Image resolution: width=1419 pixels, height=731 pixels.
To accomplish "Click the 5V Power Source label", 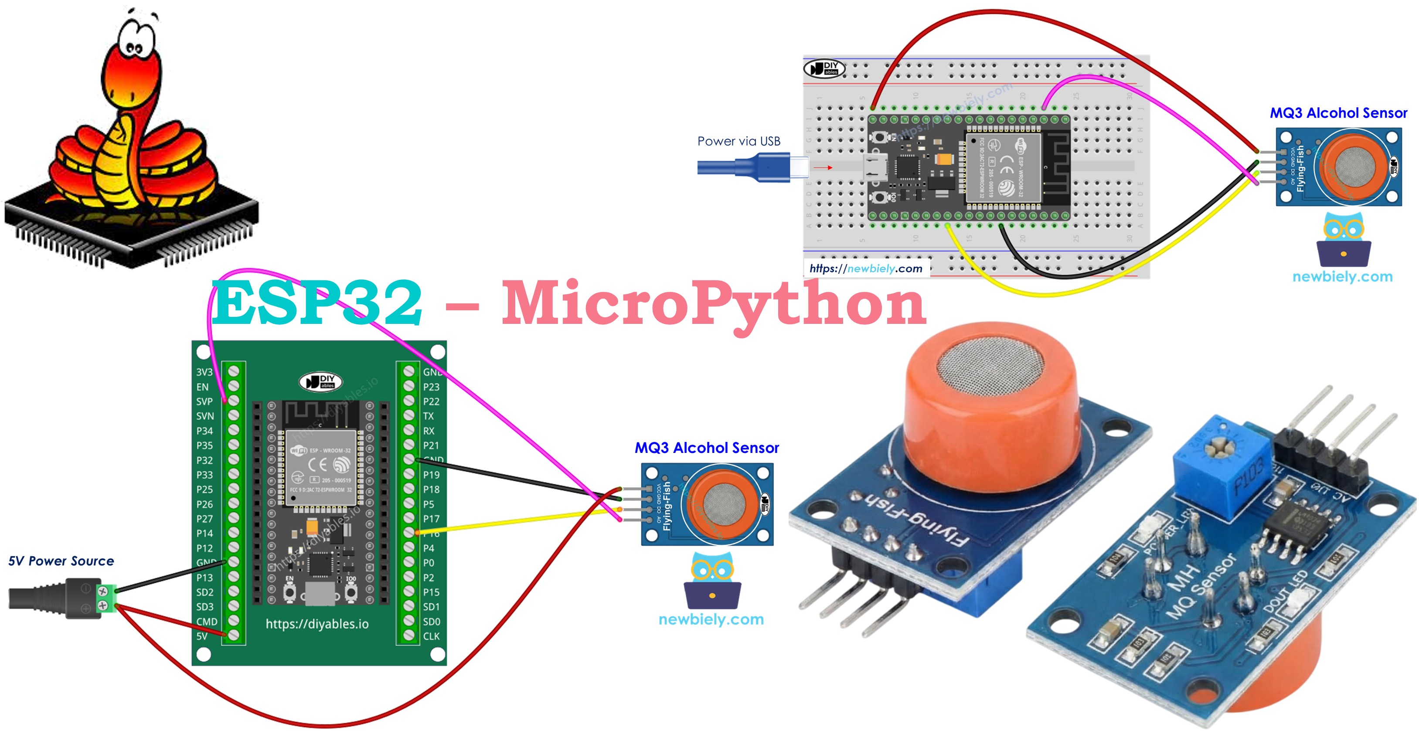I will (61, 561).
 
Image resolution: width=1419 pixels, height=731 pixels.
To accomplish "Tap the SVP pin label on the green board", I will (204, 401).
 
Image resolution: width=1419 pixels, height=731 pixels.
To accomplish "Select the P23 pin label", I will (431, 387).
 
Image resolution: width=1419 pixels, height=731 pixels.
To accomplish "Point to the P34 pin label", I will (204, 431).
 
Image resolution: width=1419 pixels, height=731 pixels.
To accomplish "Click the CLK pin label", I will (431, 636).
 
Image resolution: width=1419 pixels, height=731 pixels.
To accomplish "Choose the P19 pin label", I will (431, 475).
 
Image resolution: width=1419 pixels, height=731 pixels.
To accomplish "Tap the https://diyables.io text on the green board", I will (317, 624).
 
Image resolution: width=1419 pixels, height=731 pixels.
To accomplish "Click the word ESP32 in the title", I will (317, 303).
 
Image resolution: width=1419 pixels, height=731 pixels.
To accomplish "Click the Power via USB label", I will (738, 141).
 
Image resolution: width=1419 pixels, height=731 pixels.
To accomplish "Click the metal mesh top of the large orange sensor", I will (989, 366).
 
